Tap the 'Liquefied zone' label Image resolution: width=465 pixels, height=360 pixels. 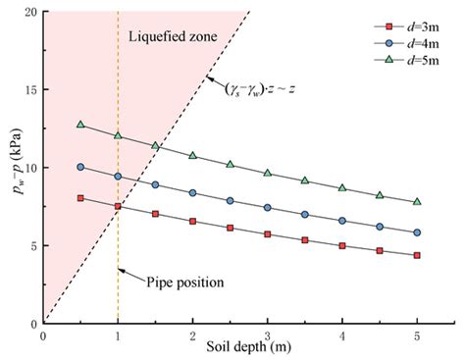[174, 37]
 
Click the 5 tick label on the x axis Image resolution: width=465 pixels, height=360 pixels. [417, 334]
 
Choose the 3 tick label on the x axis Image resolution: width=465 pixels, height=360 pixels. [268, 334]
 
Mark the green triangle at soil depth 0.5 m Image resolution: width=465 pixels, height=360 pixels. [80, 125]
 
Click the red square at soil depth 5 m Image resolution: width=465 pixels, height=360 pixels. [417, 255]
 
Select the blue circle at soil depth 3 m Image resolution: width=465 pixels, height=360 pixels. [268, 207]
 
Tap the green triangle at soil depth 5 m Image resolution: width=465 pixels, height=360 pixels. [417, 201]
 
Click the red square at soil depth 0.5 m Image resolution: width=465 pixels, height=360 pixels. [80, 198]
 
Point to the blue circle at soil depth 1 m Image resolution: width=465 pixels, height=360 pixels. [118, 177]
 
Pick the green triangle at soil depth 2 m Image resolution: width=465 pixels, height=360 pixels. [192, 155]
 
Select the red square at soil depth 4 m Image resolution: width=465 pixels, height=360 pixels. [342, 245]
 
